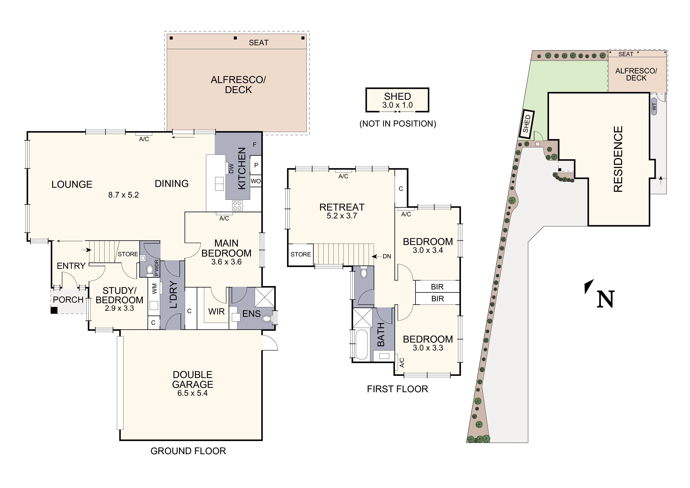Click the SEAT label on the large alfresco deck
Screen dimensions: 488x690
pyautogui.click(x=258, y=43)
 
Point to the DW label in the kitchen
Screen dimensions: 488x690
pyautogui.click(x=231, y=168)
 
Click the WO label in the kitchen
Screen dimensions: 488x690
pyautogui.click(x=256, y=181)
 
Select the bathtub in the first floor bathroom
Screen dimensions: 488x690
pyautogui.click(x=361, y=345)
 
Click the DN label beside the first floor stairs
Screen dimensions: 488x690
pyautogui.click(x=387, y=256)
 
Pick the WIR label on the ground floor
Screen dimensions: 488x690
pyautogui.click(x=216, y=311)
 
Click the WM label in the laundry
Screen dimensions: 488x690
pyautogui.click(x=154, y=289)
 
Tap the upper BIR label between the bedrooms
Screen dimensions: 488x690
pyautogui.click(x=437, y=287)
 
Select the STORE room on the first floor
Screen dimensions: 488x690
pyautogui.click(x=301, y=254)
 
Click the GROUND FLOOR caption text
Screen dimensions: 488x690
pyautogui.click(x=188, y=451)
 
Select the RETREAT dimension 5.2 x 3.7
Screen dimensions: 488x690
pyautogui.click(x=342, y=216)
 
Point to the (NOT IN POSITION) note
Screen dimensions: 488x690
pyautogui.click(x=398, y=124)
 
